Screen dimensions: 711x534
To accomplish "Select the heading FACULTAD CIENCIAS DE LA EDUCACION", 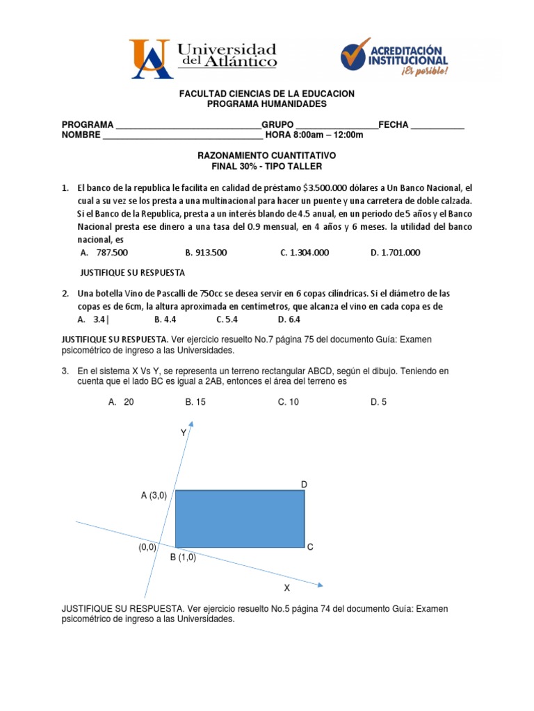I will click(x=267, y=94).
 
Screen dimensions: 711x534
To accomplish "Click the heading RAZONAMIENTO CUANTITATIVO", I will click(x=267, y=156).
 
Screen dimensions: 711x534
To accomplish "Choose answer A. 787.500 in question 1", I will click(x=104, y=253).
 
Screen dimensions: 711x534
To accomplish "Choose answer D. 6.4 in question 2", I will click(x=289, y=319).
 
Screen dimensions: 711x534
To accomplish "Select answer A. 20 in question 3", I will click(x=121, y=401).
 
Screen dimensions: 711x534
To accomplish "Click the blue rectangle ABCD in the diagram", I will click(x=240, y=519).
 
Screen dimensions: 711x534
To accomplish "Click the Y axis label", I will click(x=184, y=433).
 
